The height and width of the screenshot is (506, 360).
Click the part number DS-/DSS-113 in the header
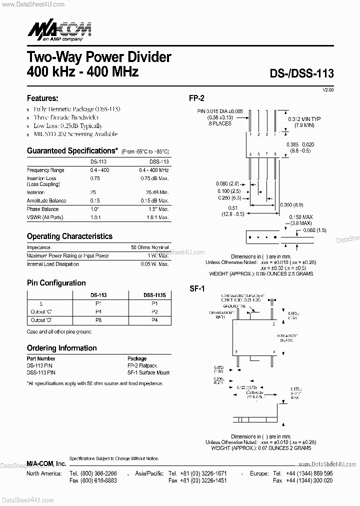pos(301,73)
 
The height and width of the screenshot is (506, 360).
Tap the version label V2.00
pos(328,89)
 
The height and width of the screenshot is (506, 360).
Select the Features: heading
pos(42,98)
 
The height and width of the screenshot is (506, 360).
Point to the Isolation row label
pos(35,192)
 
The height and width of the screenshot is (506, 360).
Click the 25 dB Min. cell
pos(158,192)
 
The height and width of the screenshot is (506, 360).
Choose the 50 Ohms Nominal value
pos(150,247)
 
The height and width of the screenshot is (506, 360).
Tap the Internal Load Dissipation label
pos(52,264)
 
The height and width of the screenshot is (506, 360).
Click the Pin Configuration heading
pos(56,283)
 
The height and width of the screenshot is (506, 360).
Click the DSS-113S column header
pos(154,295)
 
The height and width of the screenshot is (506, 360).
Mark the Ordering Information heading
pos(61,348)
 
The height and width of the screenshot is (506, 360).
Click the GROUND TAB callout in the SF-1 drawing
pos(235,306)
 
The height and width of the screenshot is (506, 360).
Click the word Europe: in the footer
pos(259,473)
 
